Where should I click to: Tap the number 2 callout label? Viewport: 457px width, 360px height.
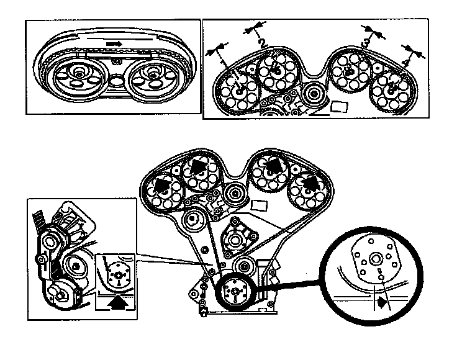coord(263,43)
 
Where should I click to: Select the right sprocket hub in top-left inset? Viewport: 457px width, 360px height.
coord(152,74)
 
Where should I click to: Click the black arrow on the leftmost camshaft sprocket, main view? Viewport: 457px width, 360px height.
coord(163,184)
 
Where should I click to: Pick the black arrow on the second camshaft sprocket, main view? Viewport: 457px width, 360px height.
coord(199,166)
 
